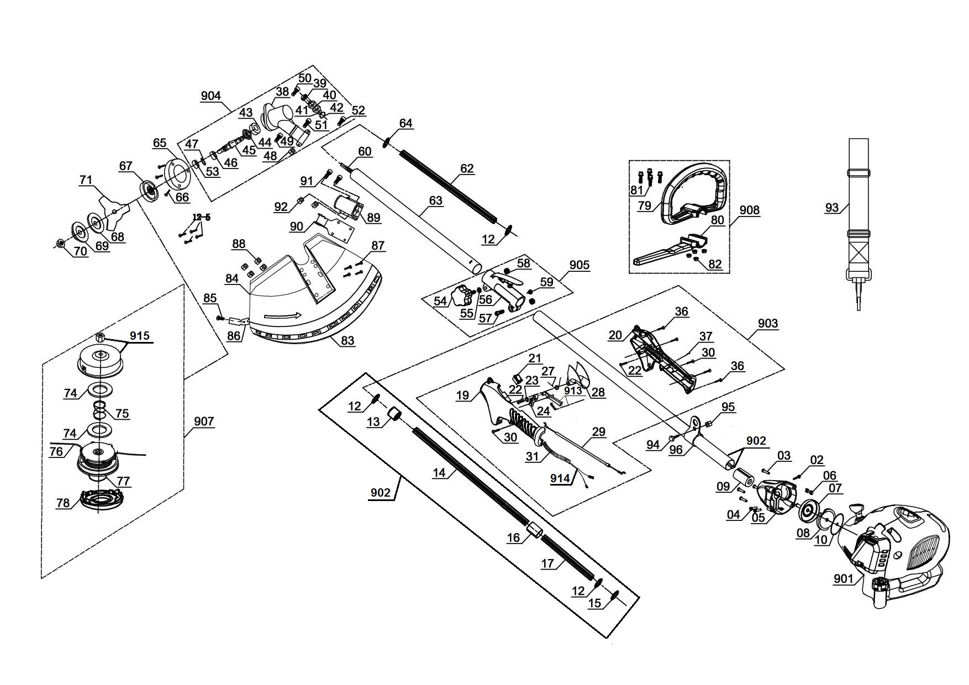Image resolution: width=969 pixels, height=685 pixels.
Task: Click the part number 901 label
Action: pyautogui.click(x=843, y=578)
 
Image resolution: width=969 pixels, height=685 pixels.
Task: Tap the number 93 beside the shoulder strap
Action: pyautogui.click(x=832, y=208)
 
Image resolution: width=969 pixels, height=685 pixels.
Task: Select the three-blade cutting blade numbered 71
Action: pyautogui.click(x=113, y=210)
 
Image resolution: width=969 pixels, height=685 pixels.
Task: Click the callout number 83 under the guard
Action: pyautogui.click(x=347, y=340)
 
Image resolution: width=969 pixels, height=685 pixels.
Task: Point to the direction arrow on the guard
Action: pyautogui.click(x=282, y=317)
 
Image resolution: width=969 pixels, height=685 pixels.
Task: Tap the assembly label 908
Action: pyautogui.click(x=750, y=210)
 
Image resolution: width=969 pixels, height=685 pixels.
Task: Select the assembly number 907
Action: pyautogui.click(x=204, y=421)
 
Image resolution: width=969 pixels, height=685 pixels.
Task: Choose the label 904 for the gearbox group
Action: pyautogui.click(x=210, y=96)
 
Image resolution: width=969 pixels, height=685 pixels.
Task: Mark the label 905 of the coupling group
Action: pyautogui.click(x=579, y=265)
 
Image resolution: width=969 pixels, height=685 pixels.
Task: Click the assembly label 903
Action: pyautogui.click(x=768, y=323)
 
